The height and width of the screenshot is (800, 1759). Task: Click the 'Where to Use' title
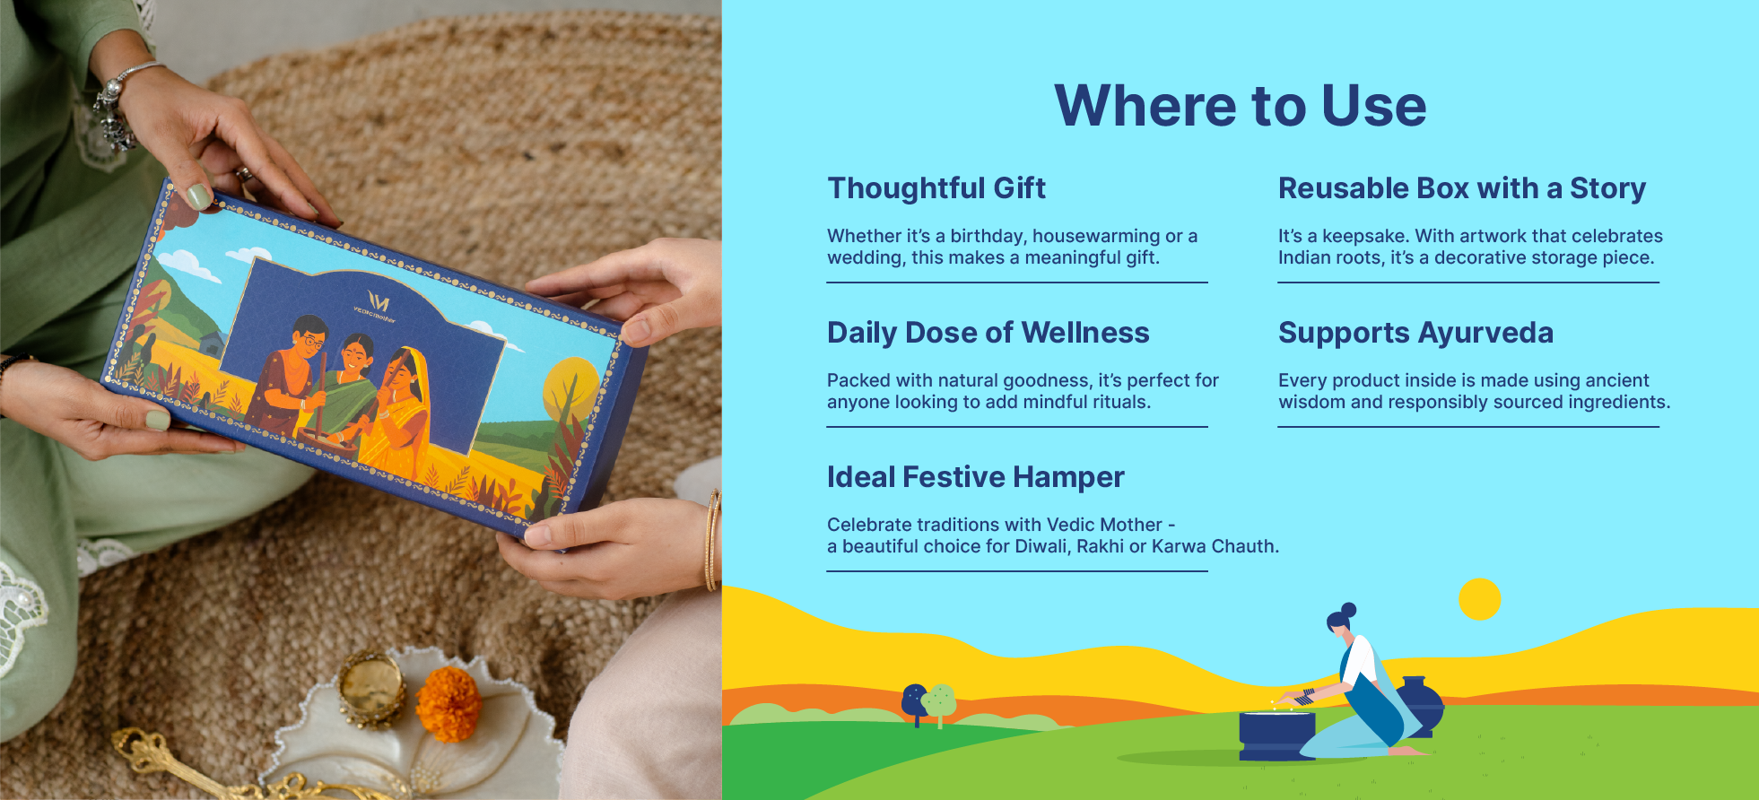tap(1240, 106)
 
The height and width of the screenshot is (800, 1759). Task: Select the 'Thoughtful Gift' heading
tap(936, 188)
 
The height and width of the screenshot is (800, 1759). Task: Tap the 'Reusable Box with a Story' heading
tap(1462, 188)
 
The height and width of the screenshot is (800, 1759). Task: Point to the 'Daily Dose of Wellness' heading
tap(988, 333)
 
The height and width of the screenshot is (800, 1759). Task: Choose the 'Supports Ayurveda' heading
tap(1415, 333)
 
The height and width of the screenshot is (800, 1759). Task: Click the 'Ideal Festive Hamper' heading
tap(976, 477)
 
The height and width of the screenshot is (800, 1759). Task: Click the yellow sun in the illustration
tap(1479, 599)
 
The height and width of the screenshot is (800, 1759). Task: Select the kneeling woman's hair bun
tap(1348, 610)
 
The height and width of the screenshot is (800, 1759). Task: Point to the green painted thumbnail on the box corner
tap(198, 196)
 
